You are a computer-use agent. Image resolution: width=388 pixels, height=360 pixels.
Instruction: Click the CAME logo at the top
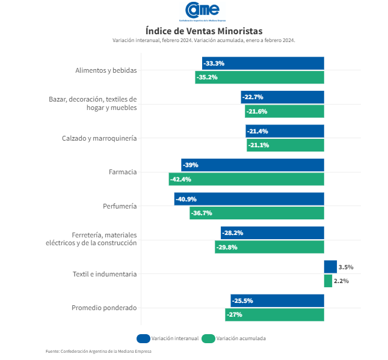[202, 11]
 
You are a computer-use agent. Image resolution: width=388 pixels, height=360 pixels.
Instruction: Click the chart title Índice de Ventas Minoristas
[204, 30]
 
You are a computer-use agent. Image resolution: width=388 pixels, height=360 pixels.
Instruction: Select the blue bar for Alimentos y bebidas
[263, 63]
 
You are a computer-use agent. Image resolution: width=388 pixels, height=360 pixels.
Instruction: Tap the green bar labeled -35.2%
[259, 77]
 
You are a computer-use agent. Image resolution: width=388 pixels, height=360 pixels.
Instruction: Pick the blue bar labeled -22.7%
[282, 97]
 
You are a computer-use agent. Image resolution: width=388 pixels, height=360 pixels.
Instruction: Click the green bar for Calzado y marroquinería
[285, 145]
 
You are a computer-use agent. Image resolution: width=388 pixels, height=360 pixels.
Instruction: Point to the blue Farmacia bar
[253, 165]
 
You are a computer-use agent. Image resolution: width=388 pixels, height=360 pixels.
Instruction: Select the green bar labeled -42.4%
[246, 179]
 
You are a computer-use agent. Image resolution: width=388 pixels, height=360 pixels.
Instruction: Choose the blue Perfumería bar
[249, 199]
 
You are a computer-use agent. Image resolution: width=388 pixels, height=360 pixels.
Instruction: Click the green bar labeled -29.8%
[269, 247]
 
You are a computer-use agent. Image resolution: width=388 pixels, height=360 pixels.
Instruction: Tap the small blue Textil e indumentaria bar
[330, 267]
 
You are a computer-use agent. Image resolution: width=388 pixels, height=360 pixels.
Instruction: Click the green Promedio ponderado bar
[274, 314]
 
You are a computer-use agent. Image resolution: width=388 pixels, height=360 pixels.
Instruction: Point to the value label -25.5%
[242, 301]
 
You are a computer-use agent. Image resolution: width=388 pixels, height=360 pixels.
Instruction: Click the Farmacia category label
[123, 172]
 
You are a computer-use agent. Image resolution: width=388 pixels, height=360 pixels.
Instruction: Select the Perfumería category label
[120, 206]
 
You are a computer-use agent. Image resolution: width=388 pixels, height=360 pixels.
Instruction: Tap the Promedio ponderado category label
[104, 308]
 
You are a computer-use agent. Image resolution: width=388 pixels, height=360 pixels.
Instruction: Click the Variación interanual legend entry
[168, 338]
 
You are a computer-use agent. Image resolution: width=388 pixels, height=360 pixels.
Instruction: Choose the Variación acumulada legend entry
[234, 338]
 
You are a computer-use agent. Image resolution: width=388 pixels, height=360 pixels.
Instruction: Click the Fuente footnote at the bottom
[99, 351]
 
